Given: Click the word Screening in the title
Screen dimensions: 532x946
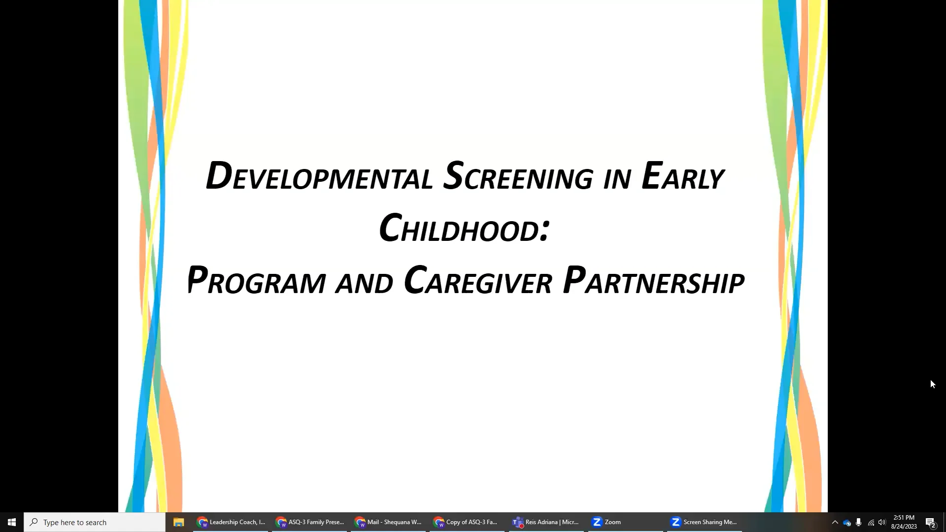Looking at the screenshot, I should pos(518,176).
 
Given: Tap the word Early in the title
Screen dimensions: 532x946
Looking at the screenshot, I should pos(682,176).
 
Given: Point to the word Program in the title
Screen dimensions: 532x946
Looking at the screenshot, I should pos(256,281).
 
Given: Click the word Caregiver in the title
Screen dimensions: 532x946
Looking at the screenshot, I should pos(478,281).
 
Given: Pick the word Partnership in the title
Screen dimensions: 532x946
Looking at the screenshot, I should pos(653,281).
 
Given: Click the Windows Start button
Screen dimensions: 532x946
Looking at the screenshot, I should pos(12,522).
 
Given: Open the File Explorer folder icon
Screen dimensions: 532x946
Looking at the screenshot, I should pos(178,522).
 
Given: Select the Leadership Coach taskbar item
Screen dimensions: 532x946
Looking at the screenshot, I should pos(231,522).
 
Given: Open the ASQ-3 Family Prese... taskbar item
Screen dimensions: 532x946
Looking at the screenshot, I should pos(310,522).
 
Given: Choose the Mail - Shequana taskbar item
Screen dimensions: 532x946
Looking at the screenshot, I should pos(389,522).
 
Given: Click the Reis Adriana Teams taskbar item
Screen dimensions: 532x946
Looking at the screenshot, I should pos(546,522).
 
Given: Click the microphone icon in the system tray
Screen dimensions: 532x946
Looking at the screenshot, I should pos(859,522).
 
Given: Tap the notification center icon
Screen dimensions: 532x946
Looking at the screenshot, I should pos(930,522).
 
